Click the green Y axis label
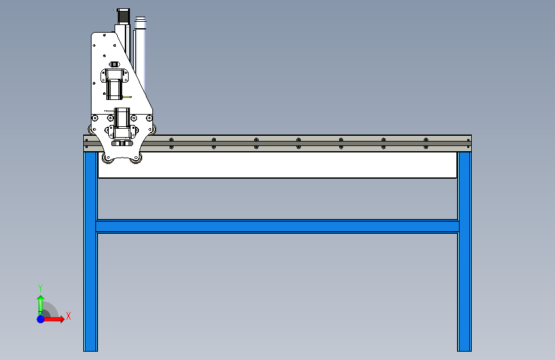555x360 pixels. click(40, 288)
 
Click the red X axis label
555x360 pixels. click(68, 316)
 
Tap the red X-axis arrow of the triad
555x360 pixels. click(56, 318)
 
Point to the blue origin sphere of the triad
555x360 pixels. click(40, 318)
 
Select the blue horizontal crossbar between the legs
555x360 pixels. click(277, 226)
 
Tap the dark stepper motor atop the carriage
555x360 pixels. click(122, 16)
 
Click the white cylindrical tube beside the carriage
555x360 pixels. click(140, 54)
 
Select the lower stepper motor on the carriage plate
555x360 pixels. click(122, 120)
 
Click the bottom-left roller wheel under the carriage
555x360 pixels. click(107, 158)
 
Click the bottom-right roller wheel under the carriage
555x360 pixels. click(136, 158)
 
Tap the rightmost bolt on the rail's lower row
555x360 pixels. click(426, 147)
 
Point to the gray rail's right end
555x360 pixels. click(468, 142)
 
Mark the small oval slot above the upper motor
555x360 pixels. click(115, 64)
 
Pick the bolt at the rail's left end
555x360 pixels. click(86, 139)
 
